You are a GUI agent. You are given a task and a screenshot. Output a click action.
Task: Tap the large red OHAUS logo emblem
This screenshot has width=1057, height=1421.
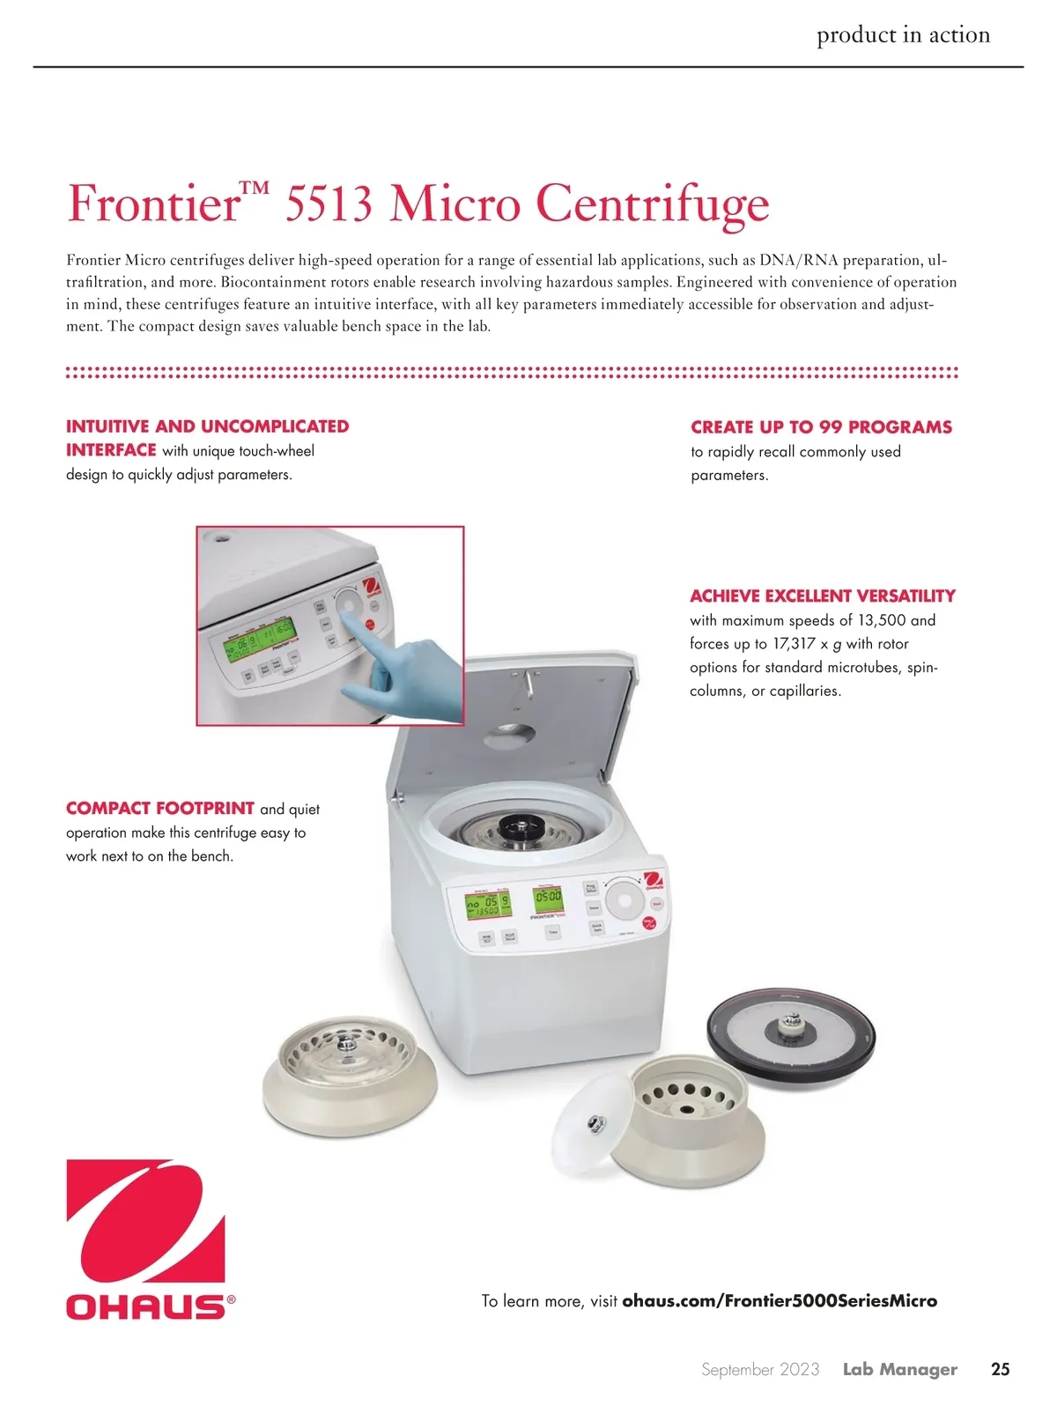[x=146, y=1220]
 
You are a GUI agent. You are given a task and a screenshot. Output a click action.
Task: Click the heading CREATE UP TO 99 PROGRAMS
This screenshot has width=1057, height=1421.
[x=821, y=426]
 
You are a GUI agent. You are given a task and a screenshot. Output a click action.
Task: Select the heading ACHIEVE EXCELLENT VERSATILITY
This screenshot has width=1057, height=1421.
[x=823, y=596]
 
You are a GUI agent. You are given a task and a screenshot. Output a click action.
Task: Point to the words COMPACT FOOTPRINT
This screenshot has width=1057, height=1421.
[x=160, y=808]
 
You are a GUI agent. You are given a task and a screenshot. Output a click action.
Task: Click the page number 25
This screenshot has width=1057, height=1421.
[x=1000, y=1369]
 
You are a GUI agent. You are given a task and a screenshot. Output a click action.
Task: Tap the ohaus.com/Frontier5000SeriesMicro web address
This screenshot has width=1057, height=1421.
[x=780, y=1300]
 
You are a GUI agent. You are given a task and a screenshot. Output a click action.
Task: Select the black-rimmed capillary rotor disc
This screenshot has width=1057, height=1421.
[x=791, y=1036]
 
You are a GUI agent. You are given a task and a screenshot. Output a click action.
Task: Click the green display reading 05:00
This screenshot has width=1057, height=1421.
[x=548, y=897]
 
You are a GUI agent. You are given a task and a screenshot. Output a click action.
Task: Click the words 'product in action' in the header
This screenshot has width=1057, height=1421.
[x=903, y=34]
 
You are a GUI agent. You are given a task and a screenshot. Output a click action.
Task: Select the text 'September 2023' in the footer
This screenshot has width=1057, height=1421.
[x=760, y=1369]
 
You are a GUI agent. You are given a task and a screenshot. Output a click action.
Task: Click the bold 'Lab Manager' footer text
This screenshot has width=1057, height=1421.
[x=900, y=1369]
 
